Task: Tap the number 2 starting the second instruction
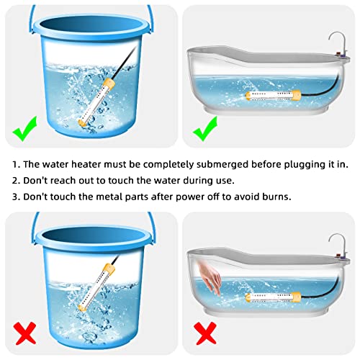[16, 179]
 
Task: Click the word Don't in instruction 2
[38, 179]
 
